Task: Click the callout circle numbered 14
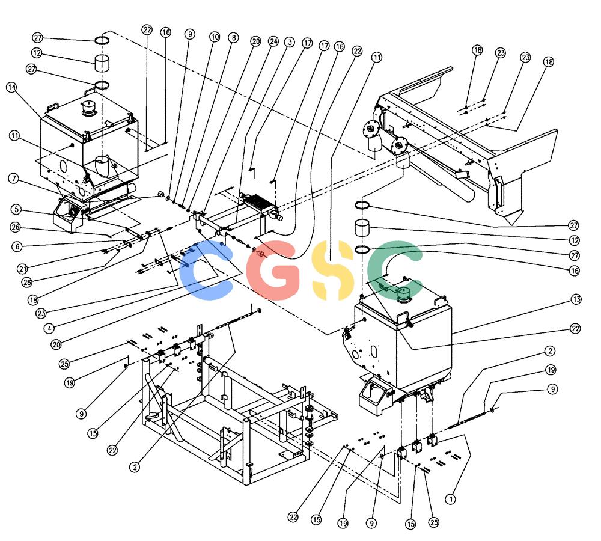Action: point(12,87)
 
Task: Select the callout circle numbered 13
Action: point(576,299)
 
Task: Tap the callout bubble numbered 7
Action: point(14,179)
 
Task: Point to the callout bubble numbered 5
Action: point(16,209)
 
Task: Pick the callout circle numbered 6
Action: point(17,246)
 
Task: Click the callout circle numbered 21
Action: point(23,269)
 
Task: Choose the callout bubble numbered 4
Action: point(49,328)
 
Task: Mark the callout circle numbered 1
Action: point(450,499)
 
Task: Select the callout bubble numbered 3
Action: point(290,42)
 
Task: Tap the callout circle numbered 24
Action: point(273,41)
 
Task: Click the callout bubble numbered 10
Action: point(215,37)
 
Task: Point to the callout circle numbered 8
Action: point(233,38)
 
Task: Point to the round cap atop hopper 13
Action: point(404,294)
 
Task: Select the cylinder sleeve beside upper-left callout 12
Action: point(102,63)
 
